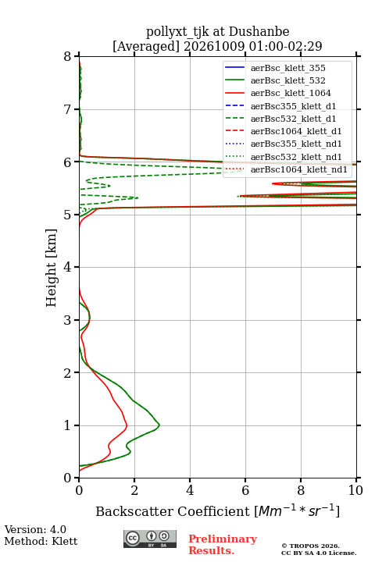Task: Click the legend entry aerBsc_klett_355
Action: coord(287,68)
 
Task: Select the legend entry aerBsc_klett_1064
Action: coord(291,93)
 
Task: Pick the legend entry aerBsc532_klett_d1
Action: coord(293,119)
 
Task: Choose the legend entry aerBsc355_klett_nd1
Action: coord(296,144)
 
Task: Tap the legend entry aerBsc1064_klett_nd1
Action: coord(299,169)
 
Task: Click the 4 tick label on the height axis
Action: coord(68,268)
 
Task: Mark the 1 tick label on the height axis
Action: coord(68,425)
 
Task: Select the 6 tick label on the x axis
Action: coord(245,490)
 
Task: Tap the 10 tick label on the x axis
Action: coord(355,490)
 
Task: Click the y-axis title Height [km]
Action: coord(51,268)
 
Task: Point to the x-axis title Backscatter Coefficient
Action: coord(173,511)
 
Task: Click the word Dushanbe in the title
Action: coord(259,31)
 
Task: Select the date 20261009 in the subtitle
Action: coord(214,46)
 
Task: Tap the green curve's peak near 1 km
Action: coord(159,425)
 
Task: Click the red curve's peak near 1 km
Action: coord(127,426)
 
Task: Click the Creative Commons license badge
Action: coord(150,539)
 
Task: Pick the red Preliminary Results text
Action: coord(223,545)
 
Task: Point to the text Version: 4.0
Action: coord(35,530)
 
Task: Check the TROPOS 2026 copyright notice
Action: coord(311,546)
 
